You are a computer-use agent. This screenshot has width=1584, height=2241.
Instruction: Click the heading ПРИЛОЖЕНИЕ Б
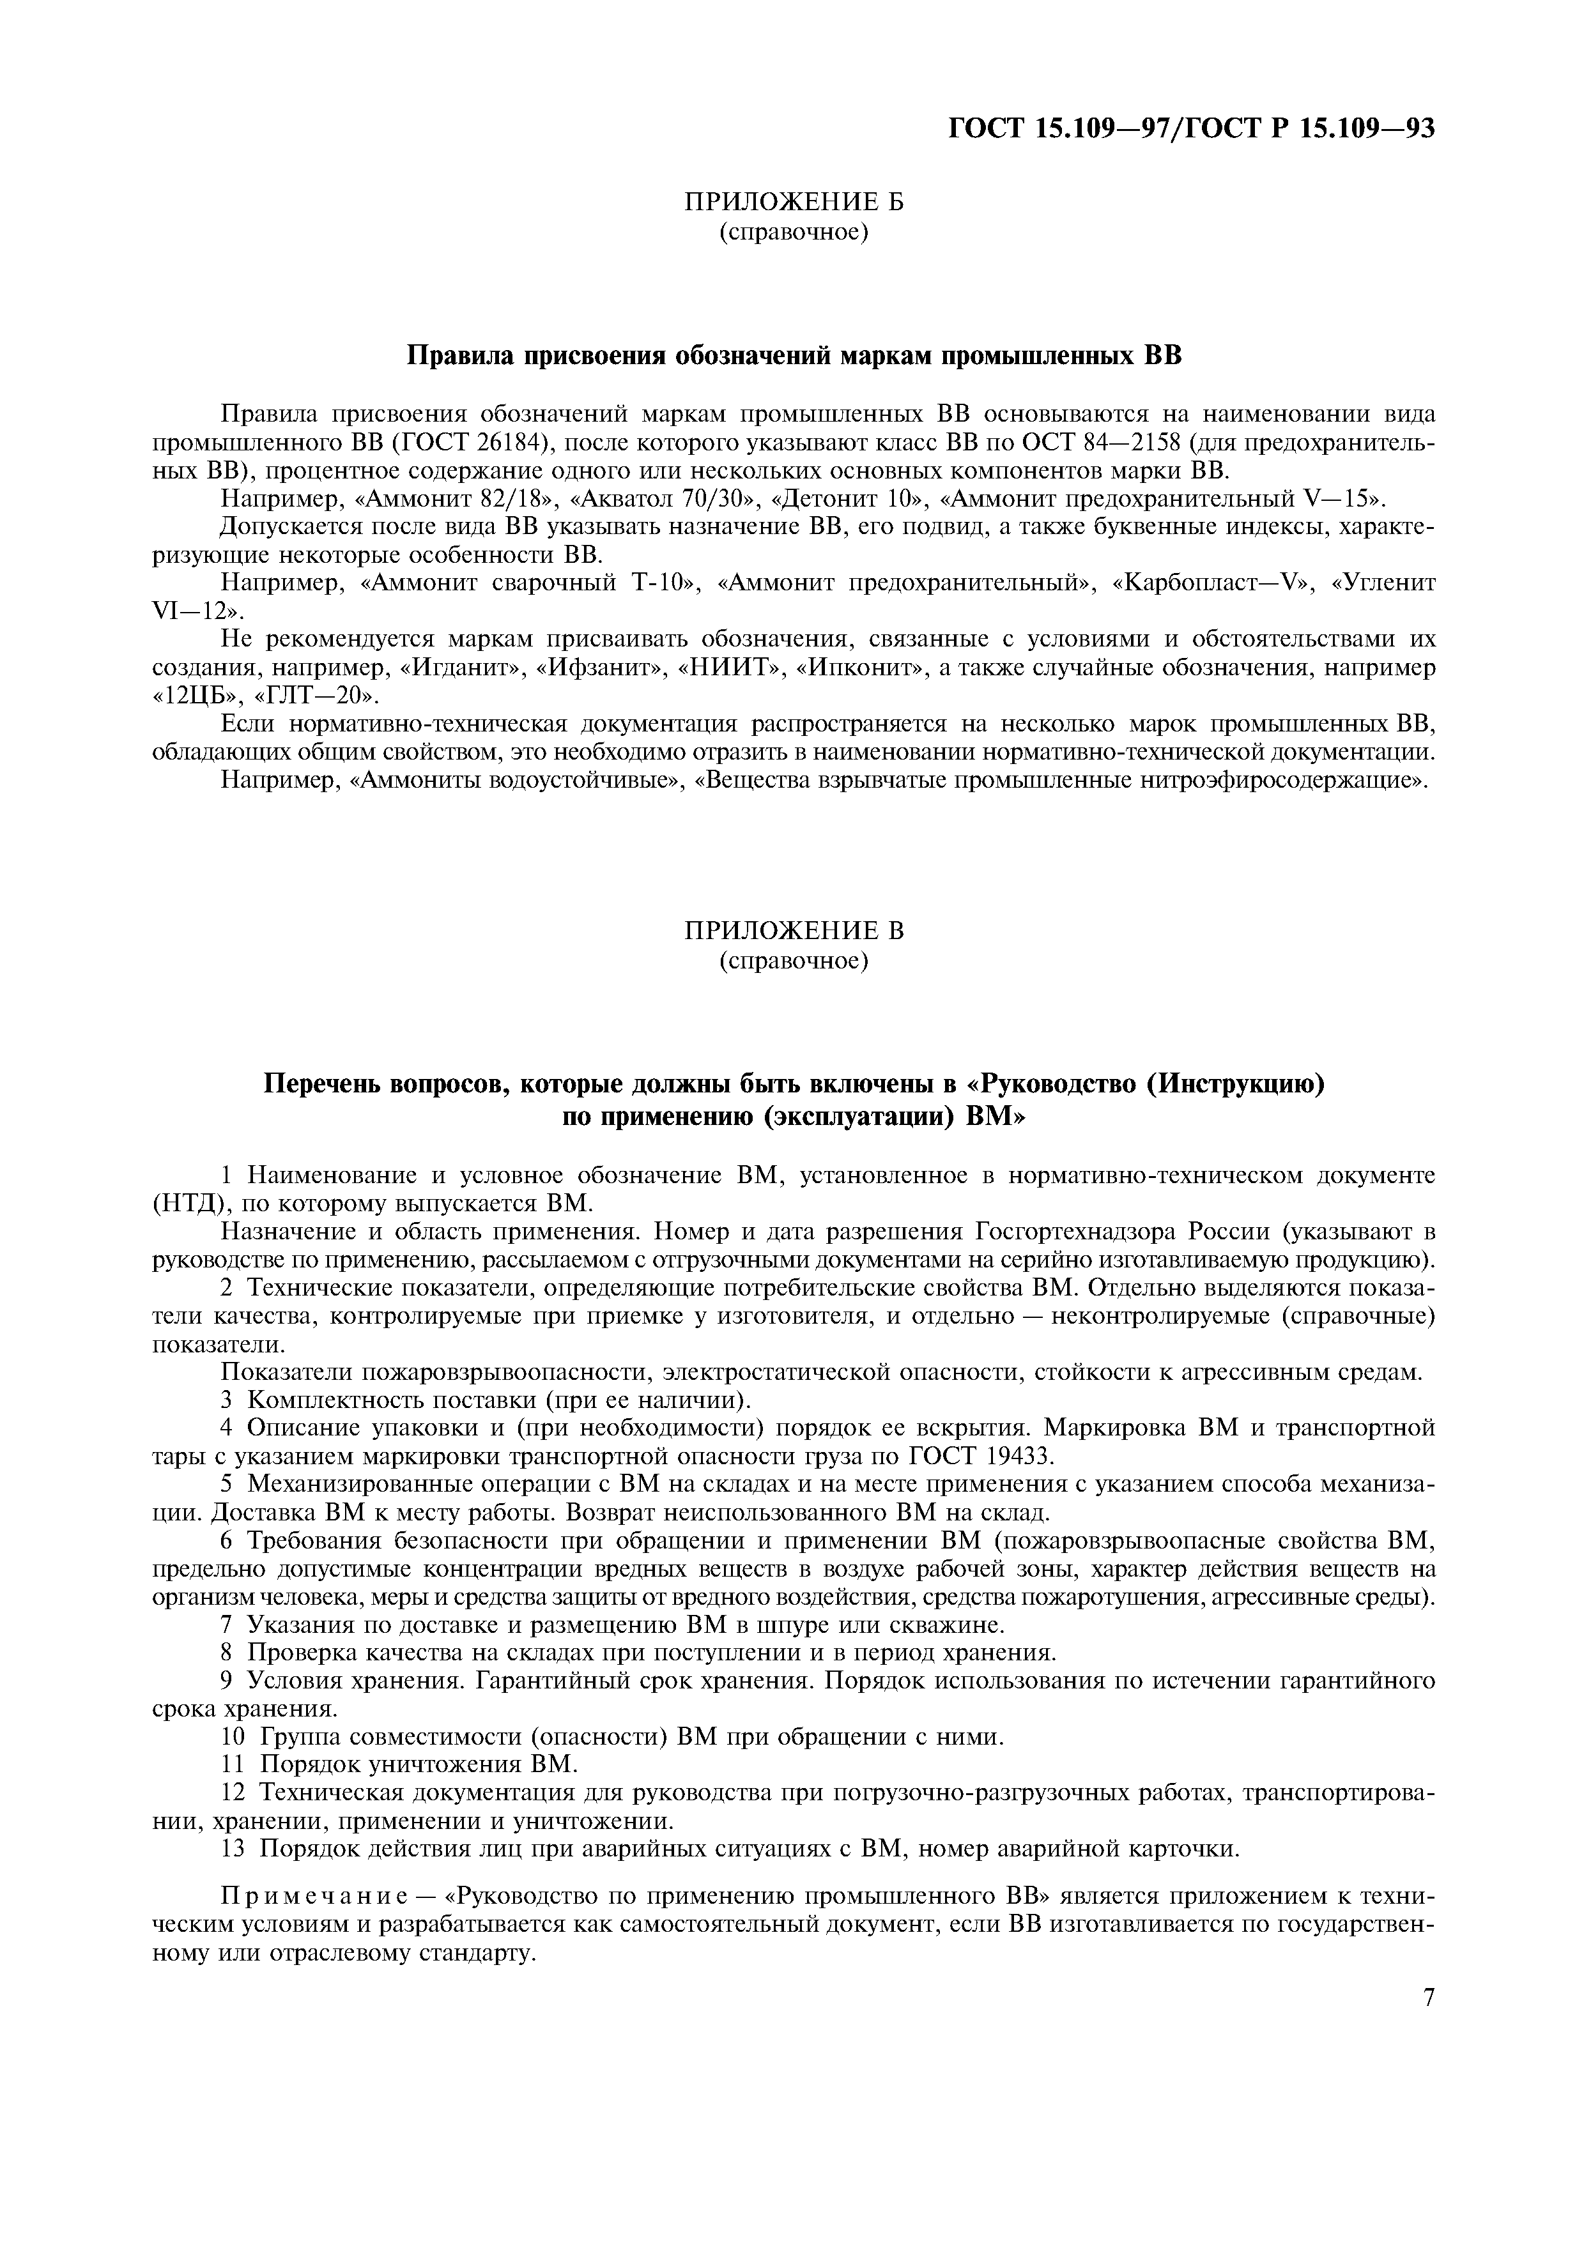coord(792,202)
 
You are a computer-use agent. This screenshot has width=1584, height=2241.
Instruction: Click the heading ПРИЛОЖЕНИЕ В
coord(792,931)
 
